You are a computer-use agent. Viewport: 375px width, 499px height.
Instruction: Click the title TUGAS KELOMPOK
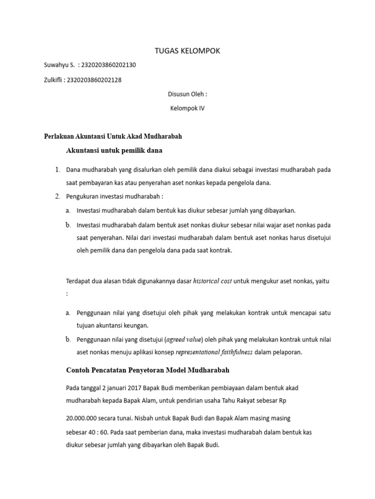188,51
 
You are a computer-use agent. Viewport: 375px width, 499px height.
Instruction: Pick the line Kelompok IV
187,109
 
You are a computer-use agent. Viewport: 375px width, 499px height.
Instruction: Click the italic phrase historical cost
212,281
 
